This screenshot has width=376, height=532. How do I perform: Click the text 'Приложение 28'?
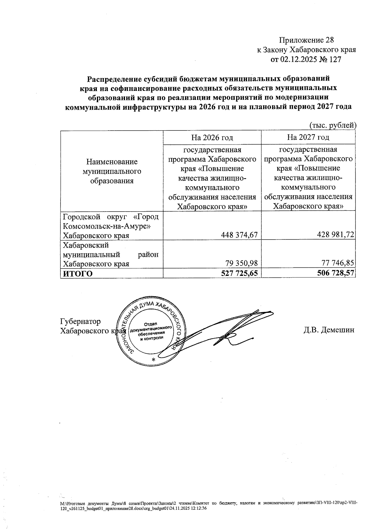tap(306, 40)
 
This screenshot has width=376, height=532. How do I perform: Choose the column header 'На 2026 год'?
tap(212, 137)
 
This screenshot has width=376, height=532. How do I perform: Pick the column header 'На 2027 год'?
tap(308, 137)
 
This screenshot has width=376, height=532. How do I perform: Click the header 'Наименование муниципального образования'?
tap(112, 171)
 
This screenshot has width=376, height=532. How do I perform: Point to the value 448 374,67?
tap(239, 235)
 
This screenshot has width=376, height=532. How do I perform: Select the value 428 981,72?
tap(335, 235)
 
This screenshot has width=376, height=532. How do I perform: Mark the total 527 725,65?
tap(239, 273)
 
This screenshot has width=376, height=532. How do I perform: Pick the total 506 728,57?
tap(335, 273)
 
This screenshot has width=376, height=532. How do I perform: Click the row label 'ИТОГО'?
tap(78, 274)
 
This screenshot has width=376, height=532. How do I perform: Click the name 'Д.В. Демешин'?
tap(329, 330)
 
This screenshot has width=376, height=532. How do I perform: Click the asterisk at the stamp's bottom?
tap(153, 360)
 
